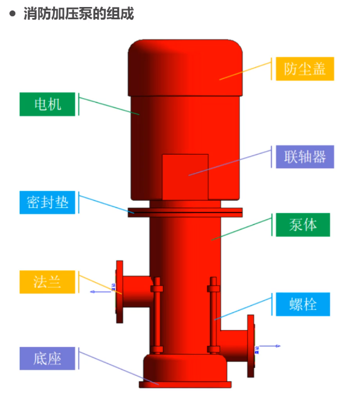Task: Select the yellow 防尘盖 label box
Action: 304,69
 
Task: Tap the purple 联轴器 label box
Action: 304,156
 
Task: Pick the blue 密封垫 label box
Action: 47,202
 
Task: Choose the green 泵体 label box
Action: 303,224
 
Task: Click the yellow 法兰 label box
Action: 47,281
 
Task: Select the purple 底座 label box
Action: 47,358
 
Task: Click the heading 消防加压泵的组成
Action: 78,13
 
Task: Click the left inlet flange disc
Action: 120,291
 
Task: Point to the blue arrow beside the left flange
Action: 99,290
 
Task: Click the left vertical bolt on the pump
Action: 156,315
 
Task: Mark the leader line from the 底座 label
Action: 117,368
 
